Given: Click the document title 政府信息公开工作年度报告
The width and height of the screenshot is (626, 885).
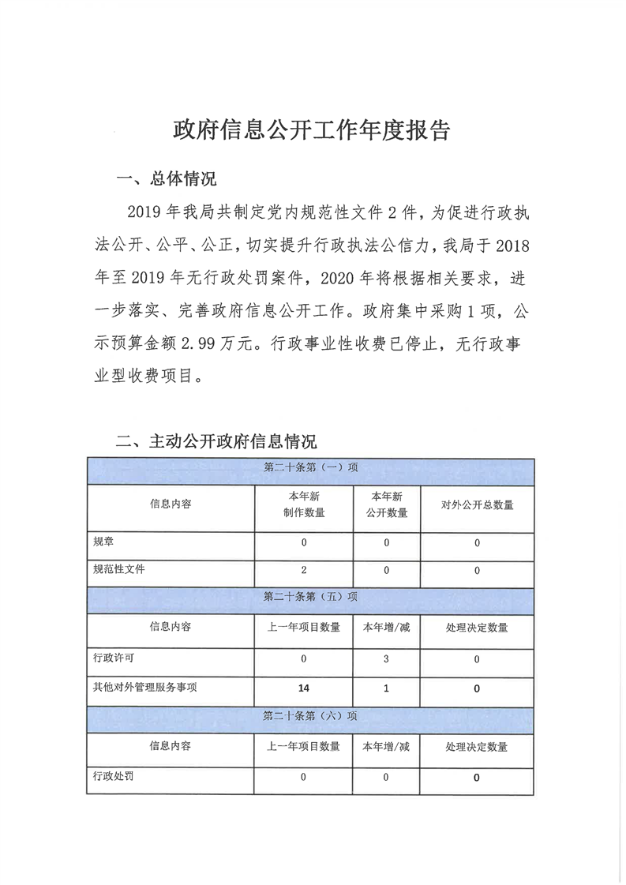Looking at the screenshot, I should click(312, 131).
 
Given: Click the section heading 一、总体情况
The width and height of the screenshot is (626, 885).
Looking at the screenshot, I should click(166, 178).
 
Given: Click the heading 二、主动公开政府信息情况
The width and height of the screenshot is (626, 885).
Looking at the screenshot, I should click(216, 441).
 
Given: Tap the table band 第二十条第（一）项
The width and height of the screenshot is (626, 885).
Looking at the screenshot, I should click(310, 467).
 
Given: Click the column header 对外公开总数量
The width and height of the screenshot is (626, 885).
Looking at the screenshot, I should click(477, 504).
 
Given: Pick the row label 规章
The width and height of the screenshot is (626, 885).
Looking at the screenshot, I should click(103, 542).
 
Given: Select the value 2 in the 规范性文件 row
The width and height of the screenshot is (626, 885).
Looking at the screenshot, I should click(303, 569).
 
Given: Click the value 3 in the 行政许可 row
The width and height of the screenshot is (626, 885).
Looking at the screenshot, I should click(386, 658).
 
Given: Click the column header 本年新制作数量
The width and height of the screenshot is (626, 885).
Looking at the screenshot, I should click(304, 504).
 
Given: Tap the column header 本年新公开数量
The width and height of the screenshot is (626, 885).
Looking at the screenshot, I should click(387, 504).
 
